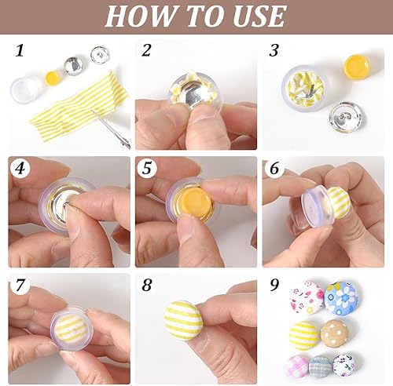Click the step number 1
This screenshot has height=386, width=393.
(x=20, y=50)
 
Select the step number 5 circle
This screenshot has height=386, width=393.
(x=147, y=168)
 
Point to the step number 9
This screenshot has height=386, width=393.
(x=274, y=285)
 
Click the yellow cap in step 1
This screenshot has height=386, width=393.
(x=53, y=78)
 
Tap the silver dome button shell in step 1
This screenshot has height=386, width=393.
(x=74, y=66)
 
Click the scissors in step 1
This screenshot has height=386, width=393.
(x=112, y=128)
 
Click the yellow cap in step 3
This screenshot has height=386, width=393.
(x=357, y=67)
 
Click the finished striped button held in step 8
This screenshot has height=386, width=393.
(x=184, y=320)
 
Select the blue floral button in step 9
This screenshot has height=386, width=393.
(x=341, y=298)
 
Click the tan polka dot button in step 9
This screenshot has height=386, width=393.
(x=335, y=333)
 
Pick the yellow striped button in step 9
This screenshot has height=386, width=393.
(x=305, y=336)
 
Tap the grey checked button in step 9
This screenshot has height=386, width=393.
(x=321, y=366)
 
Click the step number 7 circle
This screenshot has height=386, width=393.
(x=20, y=285)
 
